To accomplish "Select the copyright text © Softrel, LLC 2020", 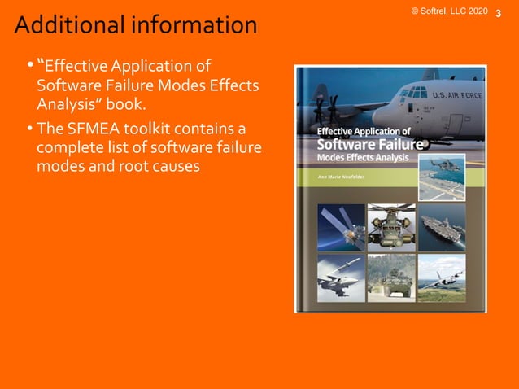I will point(449,11).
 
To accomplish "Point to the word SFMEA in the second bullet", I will point(89,129).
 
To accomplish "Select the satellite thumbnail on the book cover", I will point(341,225).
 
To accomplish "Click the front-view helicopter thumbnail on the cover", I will point(391,225).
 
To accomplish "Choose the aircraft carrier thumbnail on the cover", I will point(442,225).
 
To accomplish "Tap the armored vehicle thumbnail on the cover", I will point(391,277).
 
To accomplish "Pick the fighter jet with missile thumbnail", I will point(341,277).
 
